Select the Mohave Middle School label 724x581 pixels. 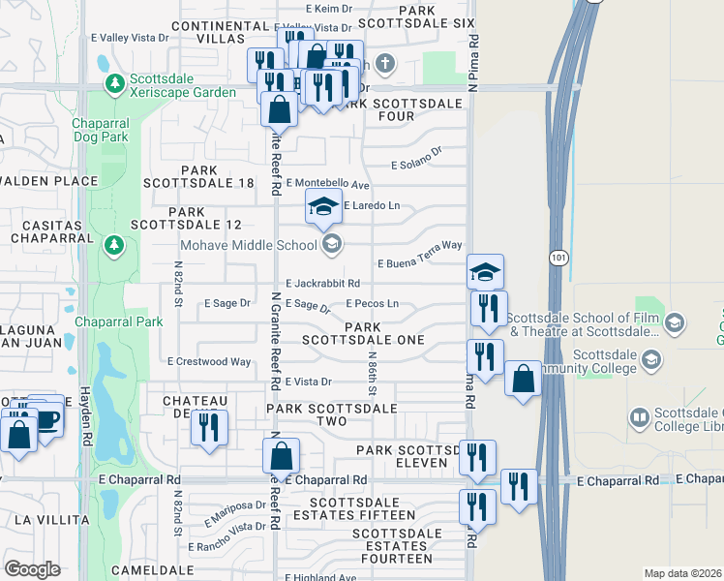point(252,244)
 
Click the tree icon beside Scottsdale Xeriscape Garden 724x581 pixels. point(116,84)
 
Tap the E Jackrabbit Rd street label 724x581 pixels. point(323,283)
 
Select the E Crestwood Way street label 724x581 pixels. point(209,361)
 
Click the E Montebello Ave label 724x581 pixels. point(328,184)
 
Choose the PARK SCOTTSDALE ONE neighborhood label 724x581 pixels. point(362,334)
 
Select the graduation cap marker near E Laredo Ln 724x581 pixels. point(324,206)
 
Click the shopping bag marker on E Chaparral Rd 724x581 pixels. point(281,455)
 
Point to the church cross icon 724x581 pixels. point(386,66)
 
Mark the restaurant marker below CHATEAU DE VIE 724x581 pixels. point(209,427)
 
